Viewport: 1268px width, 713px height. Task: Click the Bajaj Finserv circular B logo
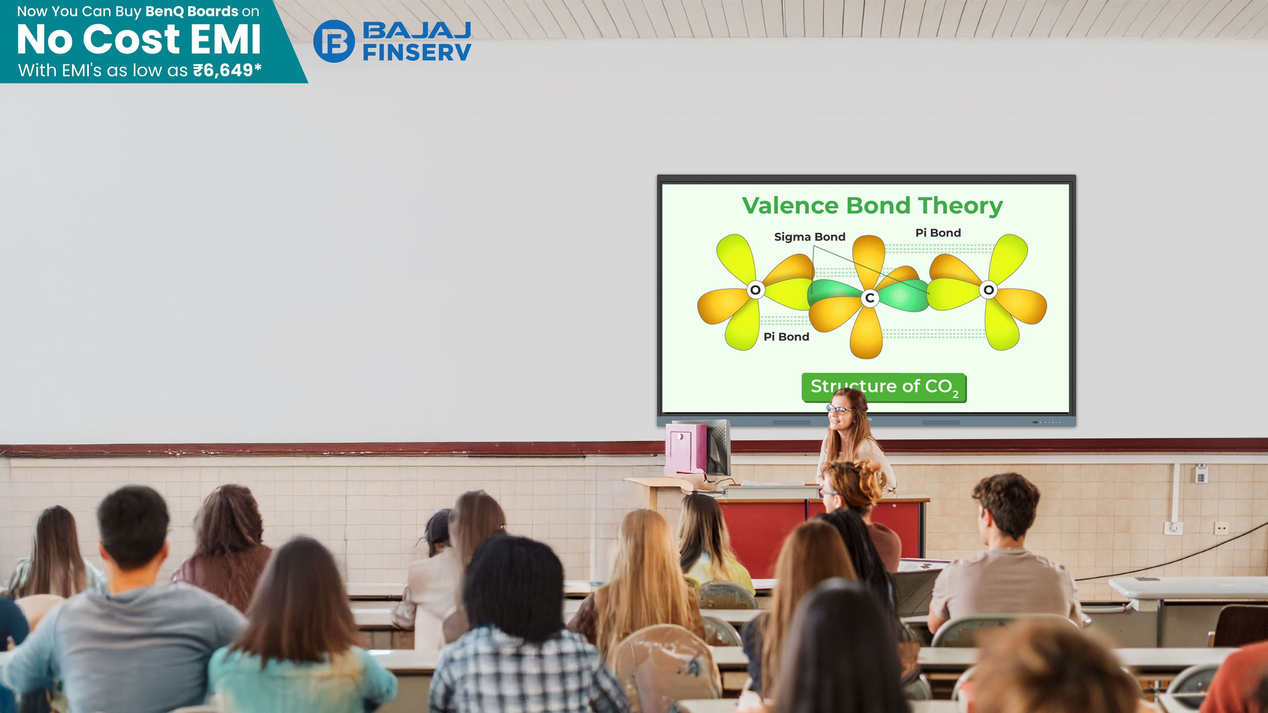pyautogui.click(x=334, y=41)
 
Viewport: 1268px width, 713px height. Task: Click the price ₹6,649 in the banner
pyautogui.click(x=223, y=70)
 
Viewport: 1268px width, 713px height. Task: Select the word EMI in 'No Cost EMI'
pyautogui.click(x=226, y=39)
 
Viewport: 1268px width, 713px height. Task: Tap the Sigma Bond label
pyautogui.click(x=810, y=237)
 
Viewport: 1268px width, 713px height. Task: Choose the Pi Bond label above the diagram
pyautogui.click(x=938, y=233)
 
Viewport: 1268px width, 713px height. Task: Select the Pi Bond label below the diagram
pyautogui.click(x=786, y=337)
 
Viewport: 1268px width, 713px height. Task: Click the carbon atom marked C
pyautogui.click(x=870, y=298)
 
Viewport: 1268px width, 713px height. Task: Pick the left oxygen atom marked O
pyautogui.click(x=755, y=290)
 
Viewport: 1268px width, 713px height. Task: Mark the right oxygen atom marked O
pyautogui.click(x=988, y=290)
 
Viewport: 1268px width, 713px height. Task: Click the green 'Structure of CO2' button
pyautogui.click(x=884, y=387)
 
